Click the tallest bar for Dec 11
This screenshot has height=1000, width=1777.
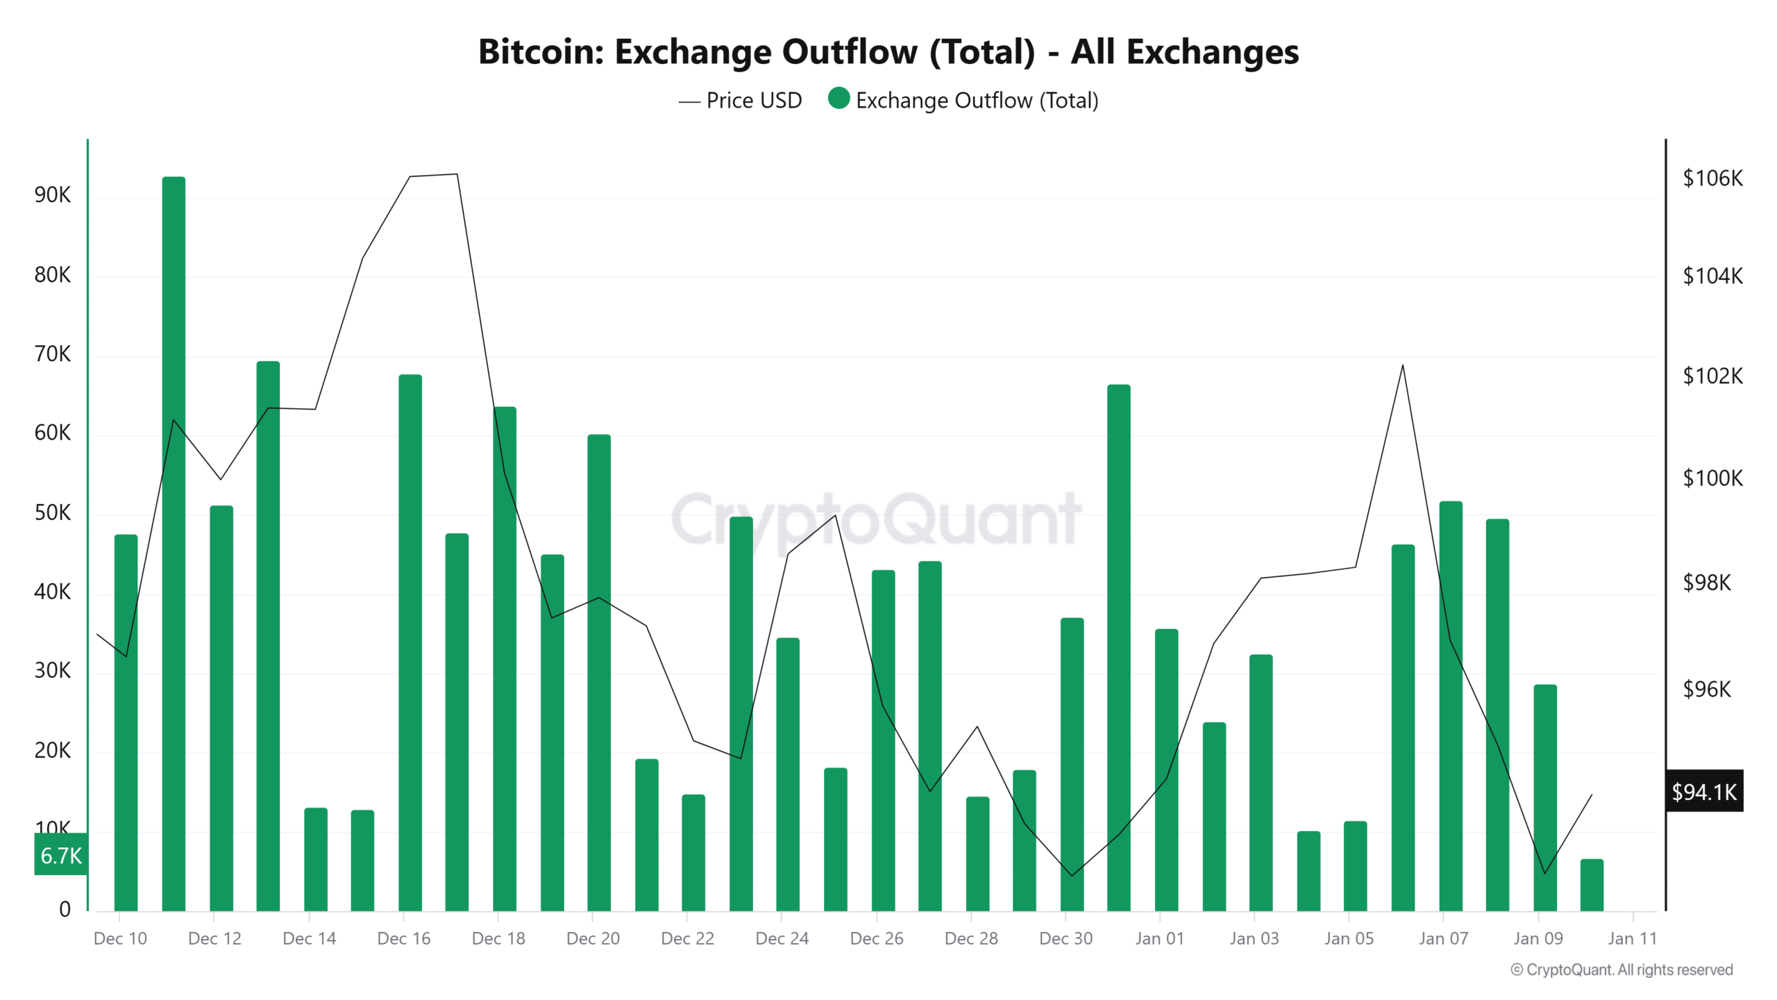tap(174, 542)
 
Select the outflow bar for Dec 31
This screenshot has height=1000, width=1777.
tap(1118, 646)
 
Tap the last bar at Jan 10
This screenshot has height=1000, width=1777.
tap(1592, 885)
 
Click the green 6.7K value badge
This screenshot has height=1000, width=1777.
tap(61, 855)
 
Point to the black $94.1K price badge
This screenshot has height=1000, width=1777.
tap(1704, 791)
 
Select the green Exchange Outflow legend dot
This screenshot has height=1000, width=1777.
tap(839, 99)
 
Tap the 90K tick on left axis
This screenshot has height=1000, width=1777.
tap(53, 195)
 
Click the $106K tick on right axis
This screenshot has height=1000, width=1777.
tap(1712, 178)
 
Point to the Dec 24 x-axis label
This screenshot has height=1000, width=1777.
tap(782, 938)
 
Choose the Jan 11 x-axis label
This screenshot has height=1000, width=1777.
tap(1632, 938)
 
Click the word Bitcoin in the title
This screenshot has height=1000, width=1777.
tap(541, 52)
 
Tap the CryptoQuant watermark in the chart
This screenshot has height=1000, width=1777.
tap(876, 519)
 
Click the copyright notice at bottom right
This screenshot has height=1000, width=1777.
tap(1622, 969)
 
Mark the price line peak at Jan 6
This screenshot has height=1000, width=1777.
tap(1403, 366)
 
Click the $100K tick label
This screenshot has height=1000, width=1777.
tap(1712, 478)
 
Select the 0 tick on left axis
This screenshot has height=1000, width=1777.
tap(65, 909)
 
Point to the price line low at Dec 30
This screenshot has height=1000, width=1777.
tap(1072, 875)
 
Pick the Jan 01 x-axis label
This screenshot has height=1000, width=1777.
tap(1159, 938)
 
